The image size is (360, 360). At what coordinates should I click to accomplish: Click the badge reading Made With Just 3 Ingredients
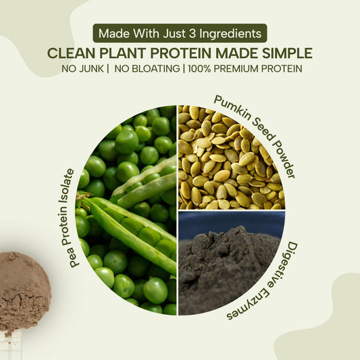click(180, 33)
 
